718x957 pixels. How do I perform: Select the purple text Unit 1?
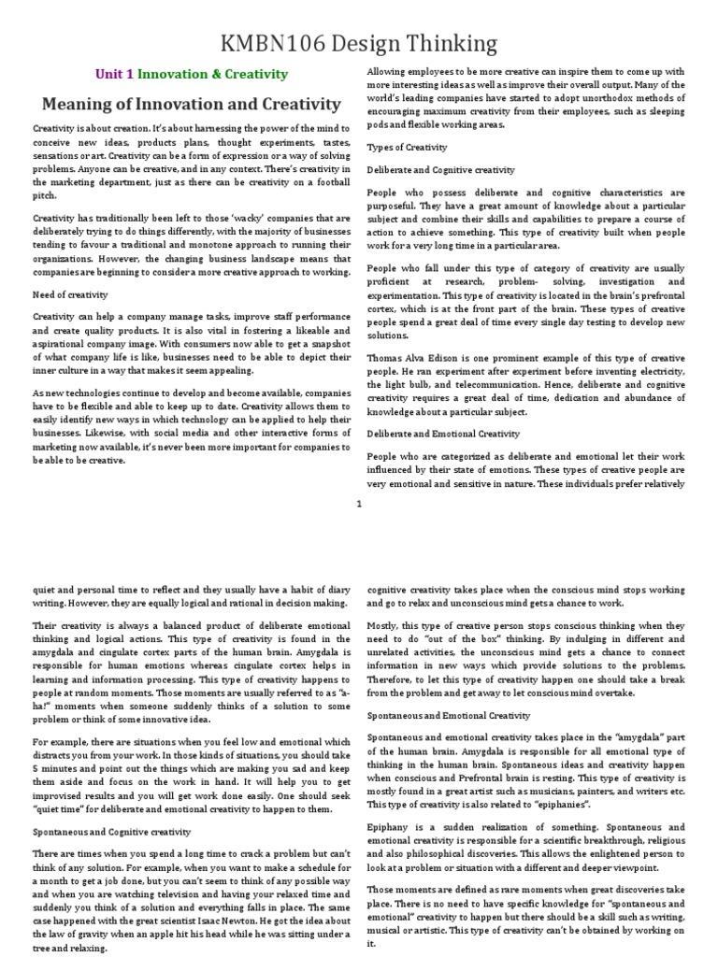116,74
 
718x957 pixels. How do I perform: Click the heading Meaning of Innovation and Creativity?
187,104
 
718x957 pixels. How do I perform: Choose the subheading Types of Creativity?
407,147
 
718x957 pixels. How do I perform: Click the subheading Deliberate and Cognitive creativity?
440,170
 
